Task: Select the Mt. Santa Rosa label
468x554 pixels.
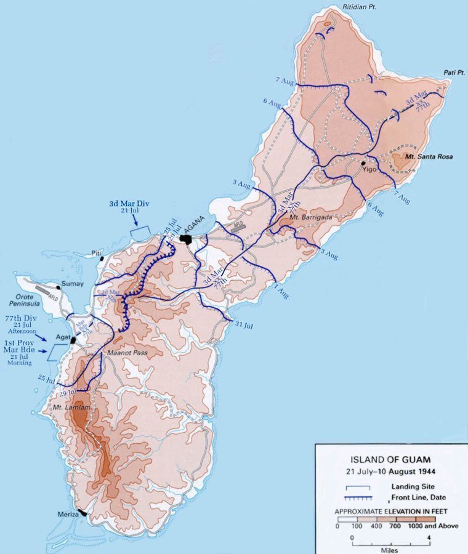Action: (429, 157)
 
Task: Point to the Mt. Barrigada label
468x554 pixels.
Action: (310, 219)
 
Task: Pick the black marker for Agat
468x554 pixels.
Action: (73, 340)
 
